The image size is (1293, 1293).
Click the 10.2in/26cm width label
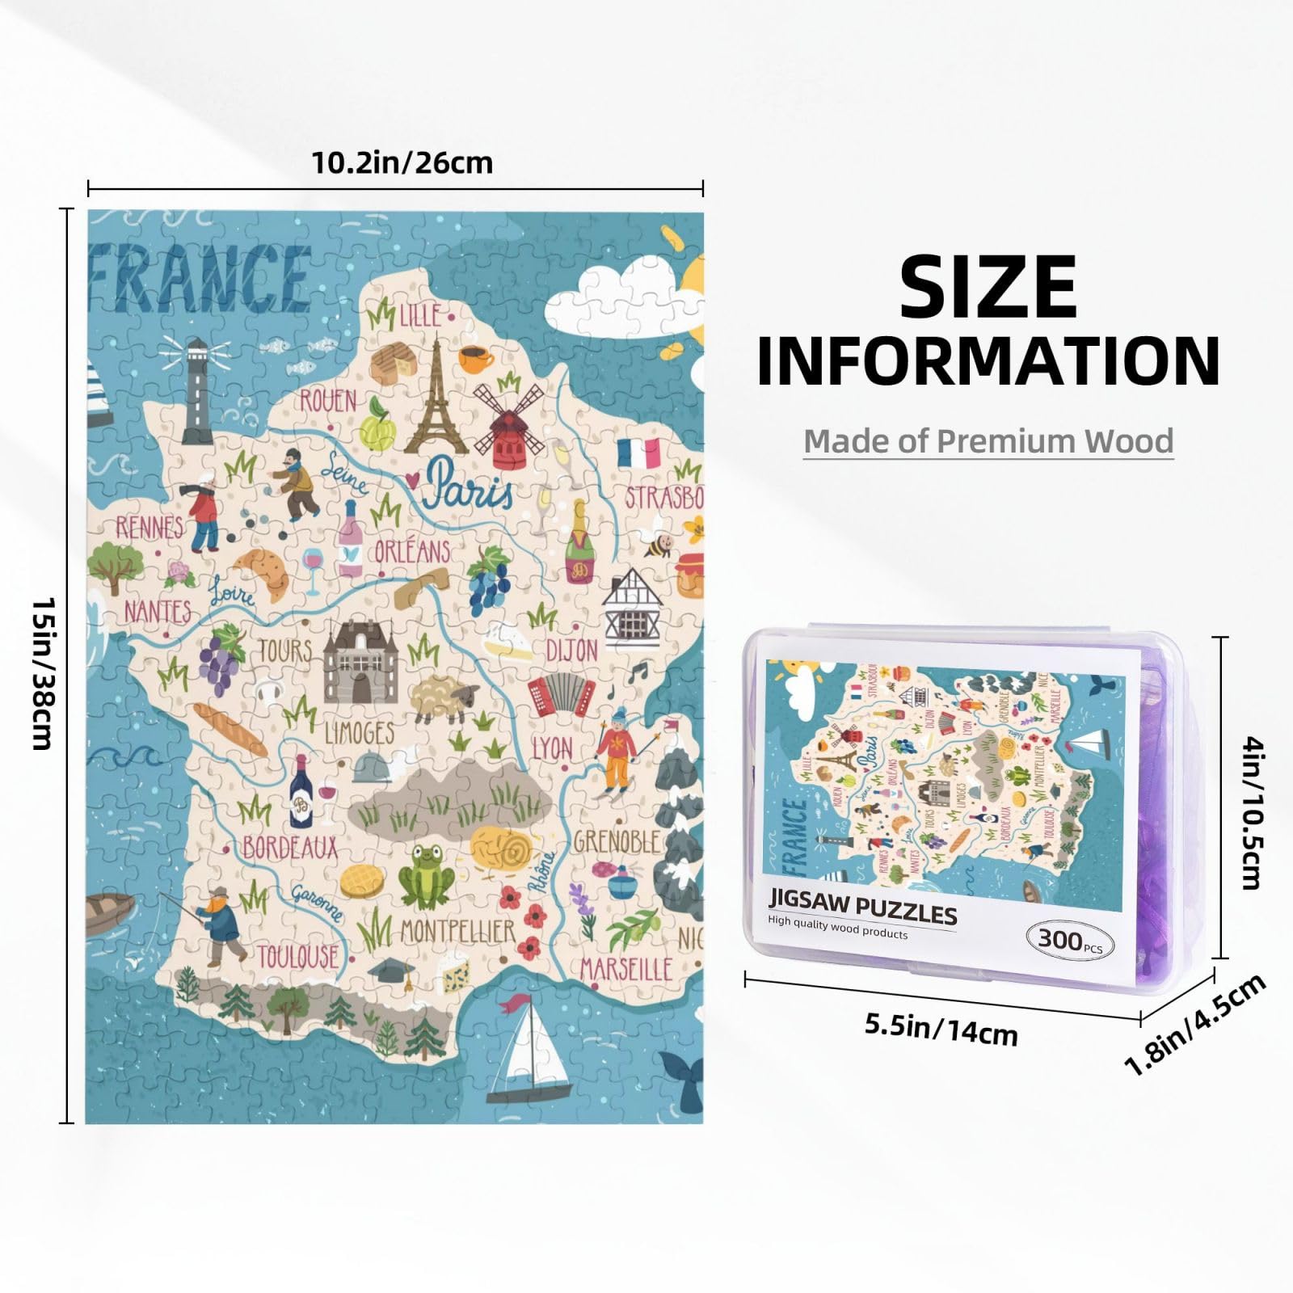[x=402, y=163]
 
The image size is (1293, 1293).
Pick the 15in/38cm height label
[x=42, y=673]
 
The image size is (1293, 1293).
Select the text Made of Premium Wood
[x=988, y=441]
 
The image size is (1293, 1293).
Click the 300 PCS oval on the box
[x=1069, y=941]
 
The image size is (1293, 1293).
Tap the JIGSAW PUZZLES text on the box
[x=862, y=910]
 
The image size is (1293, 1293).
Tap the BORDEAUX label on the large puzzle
[x=289, y=847]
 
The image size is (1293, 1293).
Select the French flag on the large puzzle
[x=638, y=454]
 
